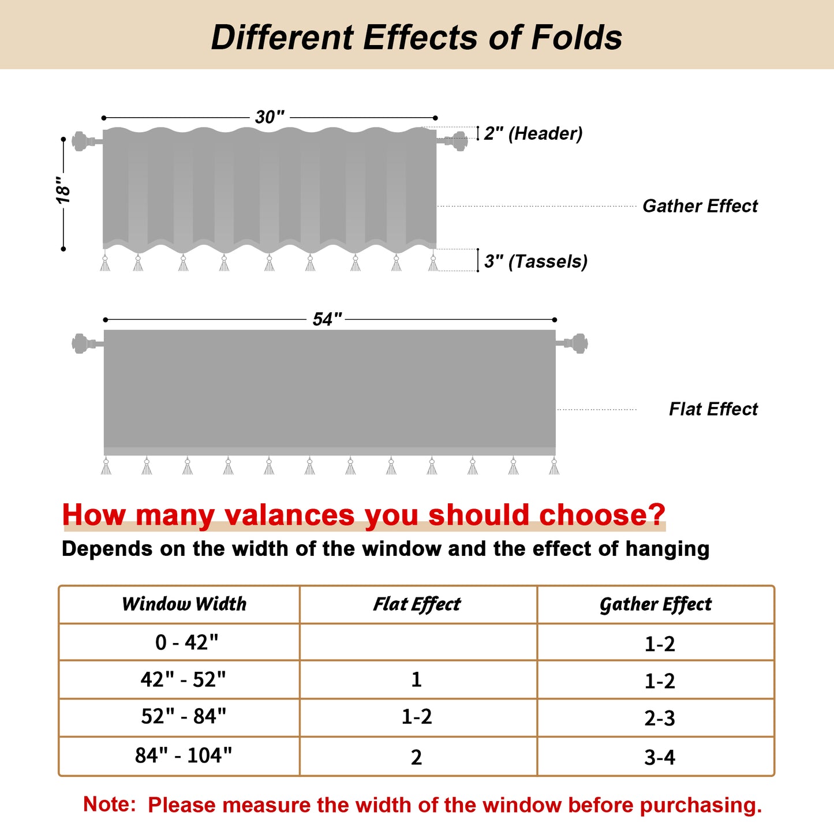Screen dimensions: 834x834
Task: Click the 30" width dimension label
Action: click(270, 117)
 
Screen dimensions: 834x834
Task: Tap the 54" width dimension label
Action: click(327, 319)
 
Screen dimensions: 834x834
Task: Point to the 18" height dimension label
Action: click(63, 190)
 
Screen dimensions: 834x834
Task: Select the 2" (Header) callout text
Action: click(533, 133)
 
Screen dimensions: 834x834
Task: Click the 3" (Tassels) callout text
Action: click(536, 261)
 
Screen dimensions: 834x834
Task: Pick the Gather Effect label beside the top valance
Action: click(700, 206)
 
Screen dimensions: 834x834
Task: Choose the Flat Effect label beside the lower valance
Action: click(713, 409)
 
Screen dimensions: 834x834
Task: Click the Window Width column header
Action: click(184, 604)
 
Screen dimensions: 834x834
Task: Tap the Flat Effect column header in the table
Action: click(417, 604)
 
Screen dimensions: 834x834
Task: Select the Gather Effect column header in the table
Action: click(655, 604)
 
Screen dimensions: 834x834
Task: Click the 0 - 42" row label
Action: click(186, 642)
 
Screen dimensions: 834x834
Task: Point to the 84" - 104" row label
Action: click(184, 755)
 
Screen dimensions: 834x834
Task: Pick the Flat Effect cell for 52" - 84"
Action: click(417, 717)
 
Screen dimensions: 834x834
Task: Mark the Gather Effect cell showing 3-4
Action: click(659, 757)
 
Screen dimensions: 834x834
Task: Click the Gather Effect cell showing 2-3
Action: click(659, 718)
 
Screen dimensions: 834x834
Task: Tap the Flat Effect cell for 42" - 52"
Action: click(417, 679)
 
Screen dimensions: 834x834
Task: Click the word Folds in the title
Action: click(577, 38)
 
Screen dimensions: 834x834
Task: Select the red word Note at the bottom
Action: click(109, 804)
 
